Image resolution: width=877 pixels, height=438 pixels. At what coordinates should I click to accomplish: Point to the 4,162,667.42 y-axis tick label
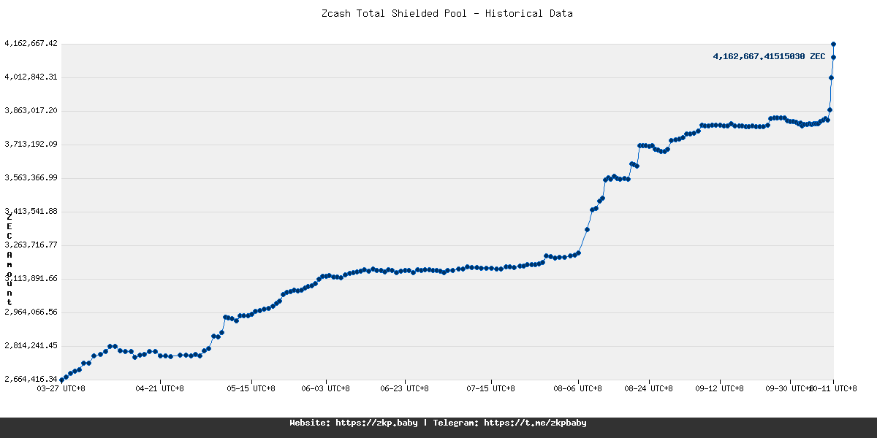31,44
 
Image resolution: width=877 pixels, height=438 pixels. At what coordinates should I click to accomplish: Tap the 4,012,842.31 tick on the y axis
31,77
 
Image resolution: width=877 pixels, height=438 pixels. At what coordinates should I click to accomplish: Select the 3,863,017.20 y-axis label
31,111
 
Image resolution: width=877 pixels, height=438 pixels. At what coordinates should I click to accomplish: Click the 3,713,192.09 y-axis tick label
31,145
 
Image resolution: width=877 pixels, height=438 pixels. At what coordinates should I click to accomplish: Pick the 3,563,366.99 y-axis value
31,178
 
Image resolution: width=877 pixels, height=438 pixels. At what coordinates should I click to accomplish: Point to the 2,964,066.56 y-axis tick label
31,312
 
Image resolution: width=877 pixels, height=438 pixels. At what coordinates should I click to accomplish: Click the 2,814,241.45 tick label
31,346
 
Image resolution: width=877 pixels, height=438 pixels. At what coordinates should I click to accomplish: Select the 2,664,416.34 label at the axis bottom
31,380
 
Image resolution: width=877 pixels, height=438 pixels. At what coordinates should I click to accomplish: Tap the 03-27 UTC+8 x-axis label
61,388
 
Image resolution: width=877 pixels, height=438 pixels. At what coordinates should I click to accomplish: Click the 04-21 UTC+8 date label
159,388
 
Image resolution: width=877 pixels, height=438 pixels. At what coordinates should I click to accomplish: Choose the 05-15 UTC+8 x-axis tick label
251,388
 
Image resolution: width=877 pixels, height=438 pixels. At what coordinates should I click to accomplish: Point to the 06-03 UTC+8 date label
326,388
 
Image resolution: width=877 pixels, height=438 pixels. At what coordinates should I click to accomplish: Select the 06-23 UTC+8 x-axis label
405,388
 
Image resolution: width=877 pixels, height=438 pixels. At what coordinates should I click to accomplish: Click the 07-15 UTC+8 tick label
491,388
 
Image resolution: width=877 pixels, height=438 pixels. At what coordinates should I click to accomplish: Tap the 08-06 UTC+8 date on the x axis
578,388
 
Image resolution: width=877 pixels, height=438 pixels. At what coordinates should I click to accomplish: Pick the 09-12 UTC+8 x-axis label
720,388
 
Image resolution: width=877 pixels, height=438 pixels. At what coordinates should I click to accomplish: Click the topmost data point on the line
833,44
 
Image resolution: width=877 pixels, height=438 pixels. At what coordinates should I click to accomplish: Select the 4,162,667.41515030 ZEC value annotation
769,56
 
